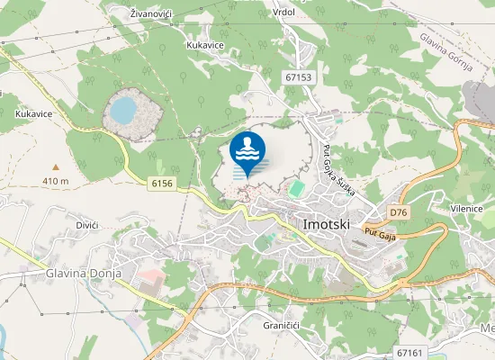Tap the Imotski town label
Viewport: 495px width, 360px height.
pos(326,221)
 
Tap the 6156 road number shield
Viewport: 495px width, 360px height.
pos(162,183)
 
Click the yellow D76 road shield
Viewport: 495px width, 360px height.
pos(400,211)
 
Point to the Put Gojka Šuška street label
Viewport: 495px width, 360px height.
pos(334,172)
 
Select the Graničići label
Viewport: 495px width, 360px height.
pos(281,324)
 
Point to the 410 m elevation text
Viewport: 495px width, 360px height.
pos(56,181)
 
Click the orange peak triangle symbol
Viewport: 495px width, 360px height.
pos(56,167)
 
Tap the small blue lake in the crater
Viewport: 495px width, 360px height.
pos(123,111)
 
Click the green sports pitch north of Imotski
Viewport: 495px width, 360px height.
pos(296,189)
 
